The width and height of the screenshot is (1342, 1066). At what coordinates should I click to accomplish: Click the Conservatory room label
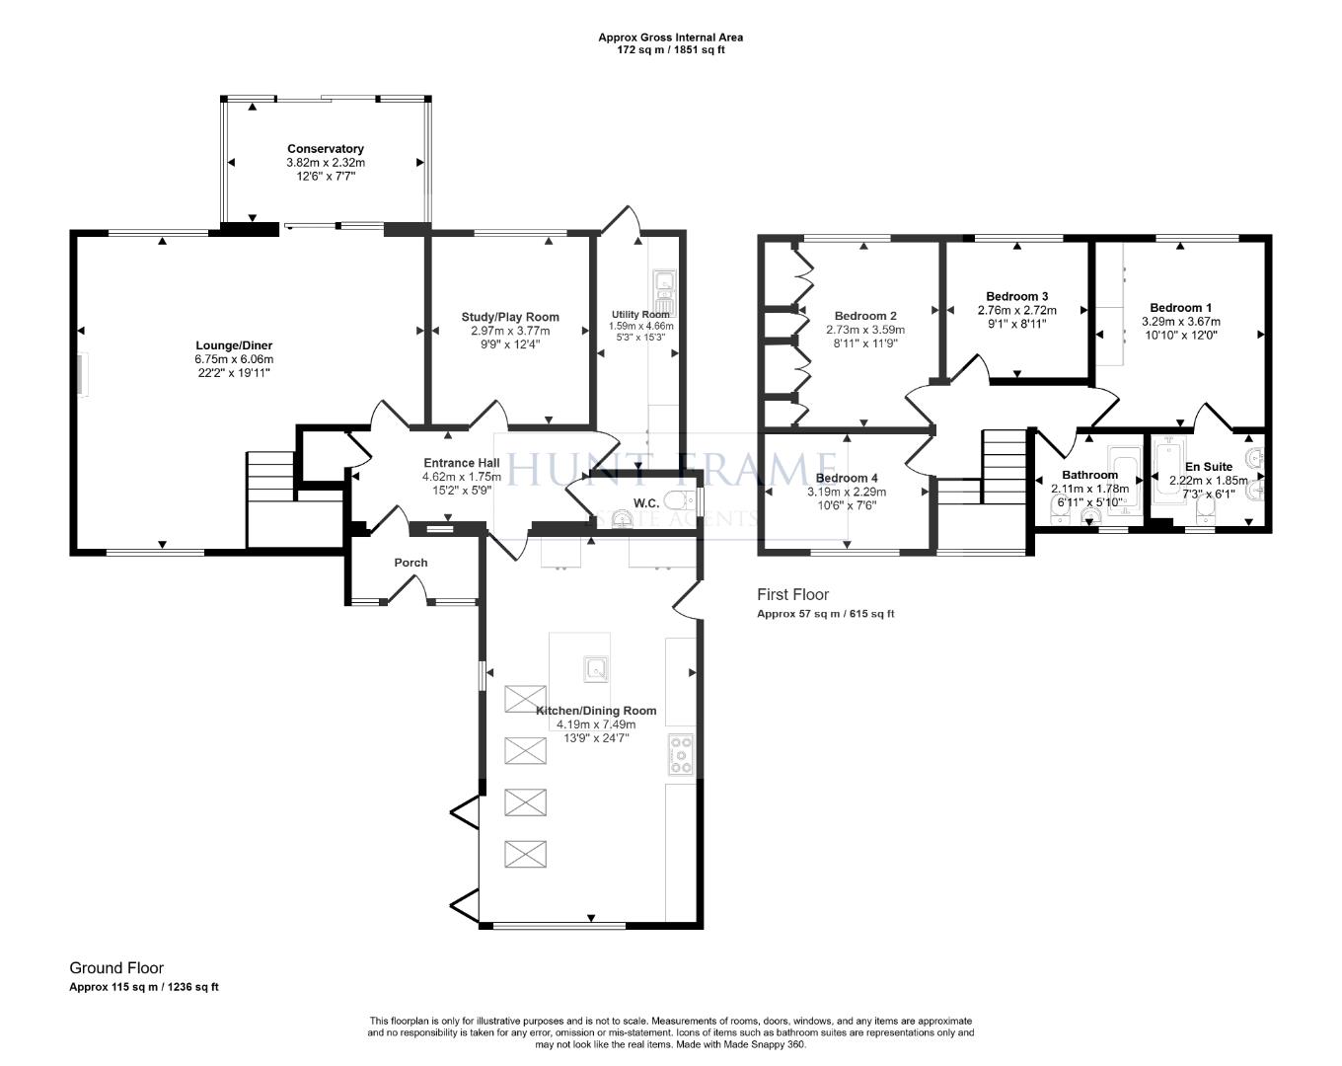(x=325, y=149)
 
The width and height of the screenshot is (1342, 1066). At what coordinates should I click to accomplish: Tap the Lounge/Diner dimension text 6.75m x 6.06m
(x=234, y=359)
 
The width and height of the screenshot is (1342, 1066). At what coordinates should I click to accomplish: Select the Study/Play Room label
(x=510, y=317)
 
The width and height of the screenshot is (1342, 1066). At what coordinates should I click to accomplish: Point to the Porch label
(x=410, y=563)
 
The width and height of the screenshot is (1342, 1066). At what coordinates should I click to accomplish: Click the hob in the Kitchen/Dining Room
(x=680, y=754)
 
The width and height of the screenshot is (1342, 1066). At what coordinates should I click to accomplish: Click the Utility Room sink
(x=663, y=284)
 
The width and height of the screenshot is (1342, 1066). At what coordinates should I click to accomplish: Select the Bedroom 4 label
(x=847, y=478)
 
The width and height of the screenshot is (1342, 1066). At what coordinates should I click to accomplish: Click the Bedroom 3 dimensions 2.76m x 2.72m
(x=1016, y=310)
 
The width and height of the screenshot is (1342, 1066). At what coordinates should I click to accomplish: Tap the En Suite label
(x=1209, y=467)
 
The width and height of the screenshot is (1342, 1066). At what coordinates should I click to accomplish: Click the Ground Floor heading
(x=116, y=968)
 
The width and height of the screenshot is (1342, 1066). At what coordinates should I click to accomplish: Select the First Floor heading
(x=792, y=594)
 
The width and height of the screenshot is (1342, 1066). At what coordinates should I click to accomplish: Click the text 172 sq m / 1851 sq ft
(x=670, y=49)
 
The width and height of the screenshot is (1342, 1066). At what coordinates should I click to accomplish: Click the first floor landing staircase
(x=1005, y=456)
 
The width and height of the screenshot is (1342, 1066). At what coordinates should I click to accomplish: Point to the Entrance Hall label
(x=461, y=463)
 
